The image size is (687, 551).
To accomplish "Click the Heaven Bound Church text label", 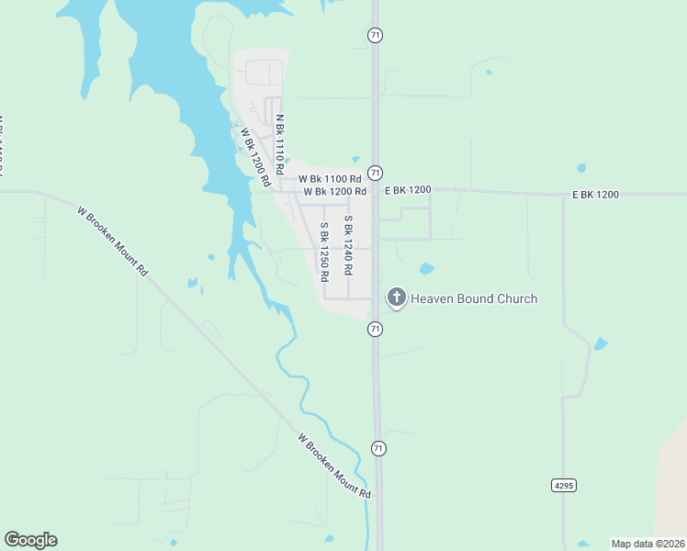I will click(x=473, y=298).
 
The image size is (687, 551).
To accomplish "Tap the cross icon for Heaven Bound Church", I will click(x=396, y=297).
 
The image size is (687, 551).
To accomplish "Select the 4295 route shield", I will click(x=564, y=484).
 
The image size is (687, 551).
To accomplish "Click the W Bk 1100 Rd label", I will click(x=330, y=179).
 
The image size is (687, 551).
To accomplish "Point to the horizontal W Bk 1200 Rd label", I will click(x=335, y=191).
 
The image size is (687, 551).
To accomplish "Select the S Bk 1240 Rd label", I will click(x=348, y=245).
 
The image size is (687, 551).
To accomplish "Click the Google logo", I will click(x=30, y=540).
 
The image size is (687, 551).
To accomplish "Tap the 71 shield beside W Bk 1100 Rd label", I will click(x=375, y=173).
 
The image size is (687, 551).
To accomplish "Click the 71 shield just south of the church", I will click(x=375, y=329).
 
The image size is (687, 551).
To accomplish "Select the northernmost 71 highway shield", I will click(x=375, y=35).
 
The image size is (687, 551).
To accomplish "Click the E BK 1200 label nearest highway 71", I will click(x=407, y=190).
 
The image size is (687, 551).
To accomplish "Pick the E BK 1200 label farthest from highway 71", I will click(x=595, y=195).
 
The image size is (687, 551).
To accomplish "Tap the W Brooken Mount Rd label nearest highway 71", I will click(x=334, y=466).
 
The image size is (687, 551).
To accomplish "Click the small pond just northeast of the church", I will click(x=426, y=269).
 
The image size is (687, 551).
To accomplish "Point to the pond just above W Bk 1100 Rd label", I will click(x=355, y=159).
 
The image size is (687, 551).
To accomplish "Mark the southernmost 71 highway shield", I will click(x=377, y=448).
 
